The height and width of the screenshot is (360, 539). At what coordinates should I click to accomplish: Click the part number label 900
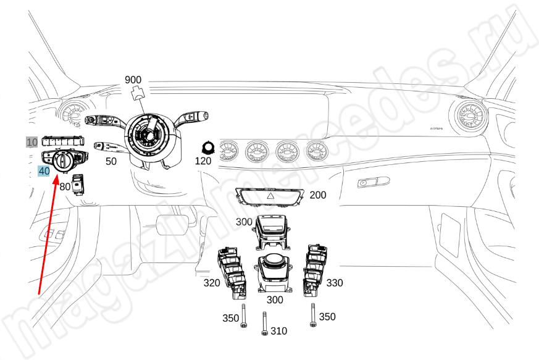pyautogui.click(x=133, y=80)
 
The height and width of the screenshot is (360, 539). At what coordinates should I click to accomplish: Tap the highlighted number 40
pyautogui.click(x=44, y=171)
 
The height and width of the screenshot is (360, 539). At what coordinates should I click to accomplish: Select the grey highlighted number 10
pyautogui.click(x=31, y=141)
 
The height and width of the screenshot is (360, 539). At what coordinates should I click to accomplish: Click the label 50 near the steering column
pyautogui.click(x=111, y=162)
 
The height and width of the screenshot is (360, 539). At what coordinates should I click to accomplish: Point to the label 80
pyautogui.click(x=65, y=185)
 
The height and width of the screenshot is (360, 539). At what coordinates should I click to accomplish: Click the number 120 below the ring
pyautogui.click(x=203, y=161)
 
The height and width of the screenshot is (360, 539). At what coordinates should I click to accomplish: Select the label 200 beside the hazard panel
pyautogui.click(x=318, y=195)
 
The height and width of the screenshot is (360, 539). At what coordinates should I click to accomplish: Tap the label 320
pyautogui.click(x=212, y=283)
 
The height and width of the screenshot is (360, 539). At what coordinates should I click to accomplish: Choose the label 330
pyautogui.click(x=335, y=283)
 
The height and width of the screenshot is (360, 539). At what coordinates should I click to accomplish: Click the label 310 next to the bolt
pyautogui.click(x=278, y=331)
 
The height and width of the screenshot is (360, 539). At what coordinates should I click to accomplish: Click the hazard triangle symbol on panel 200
pyautogui.click(x=270, y=196)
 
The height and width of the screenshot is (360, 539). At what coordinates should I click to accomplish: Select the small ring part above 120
pyautogui.click(x=208, y=147)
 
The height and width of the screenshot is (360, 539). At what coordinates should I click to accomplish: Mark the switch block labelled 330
pyautogui.click(x=314, y=269)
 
